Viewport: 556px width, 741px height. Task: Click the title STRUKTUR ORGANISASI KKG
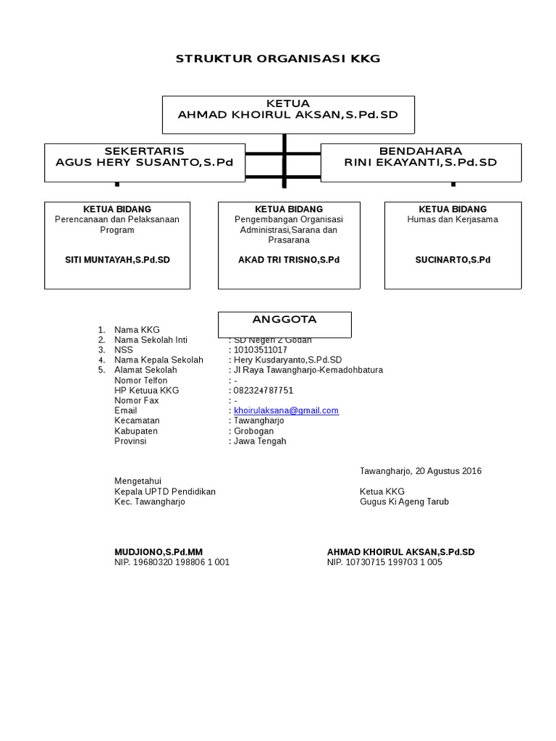pos(278,59)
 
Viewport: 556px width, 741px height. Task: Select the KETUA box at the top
pos(288,114)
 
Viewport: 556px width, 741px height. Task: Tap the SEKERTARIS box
pos(145,161)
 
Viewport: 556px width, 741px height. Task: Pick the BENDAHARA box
pos(421,161)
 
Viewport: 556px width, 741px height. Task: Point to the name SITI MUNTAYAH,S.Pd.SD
pos(117,259)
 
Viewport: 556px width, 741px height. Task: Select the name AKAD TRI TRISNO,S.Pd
pos(289,259)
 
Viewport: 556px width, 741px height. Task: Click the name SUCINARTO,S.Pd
pos(452,259)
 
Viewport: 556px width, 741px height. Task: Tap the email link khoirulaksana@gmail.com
pos(286,410)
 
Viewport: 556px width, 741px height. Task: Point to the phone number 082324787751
pos(264,390)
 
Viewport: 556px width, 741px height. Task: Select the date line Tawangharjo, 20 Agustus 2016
pos(421,471)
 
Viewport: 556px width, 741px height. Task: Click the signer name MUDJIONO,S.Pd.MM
pos(159,552)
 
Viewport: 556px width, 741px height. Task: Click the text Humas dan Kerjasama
pos(452,219)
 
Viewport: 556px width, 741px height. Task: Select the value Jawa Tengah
pos(260,441)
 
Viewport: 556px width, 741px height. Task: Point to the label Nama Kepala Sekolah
pos(159,360)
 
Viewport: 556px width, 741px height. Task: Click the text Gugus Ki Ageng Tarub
pos(404,501)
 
